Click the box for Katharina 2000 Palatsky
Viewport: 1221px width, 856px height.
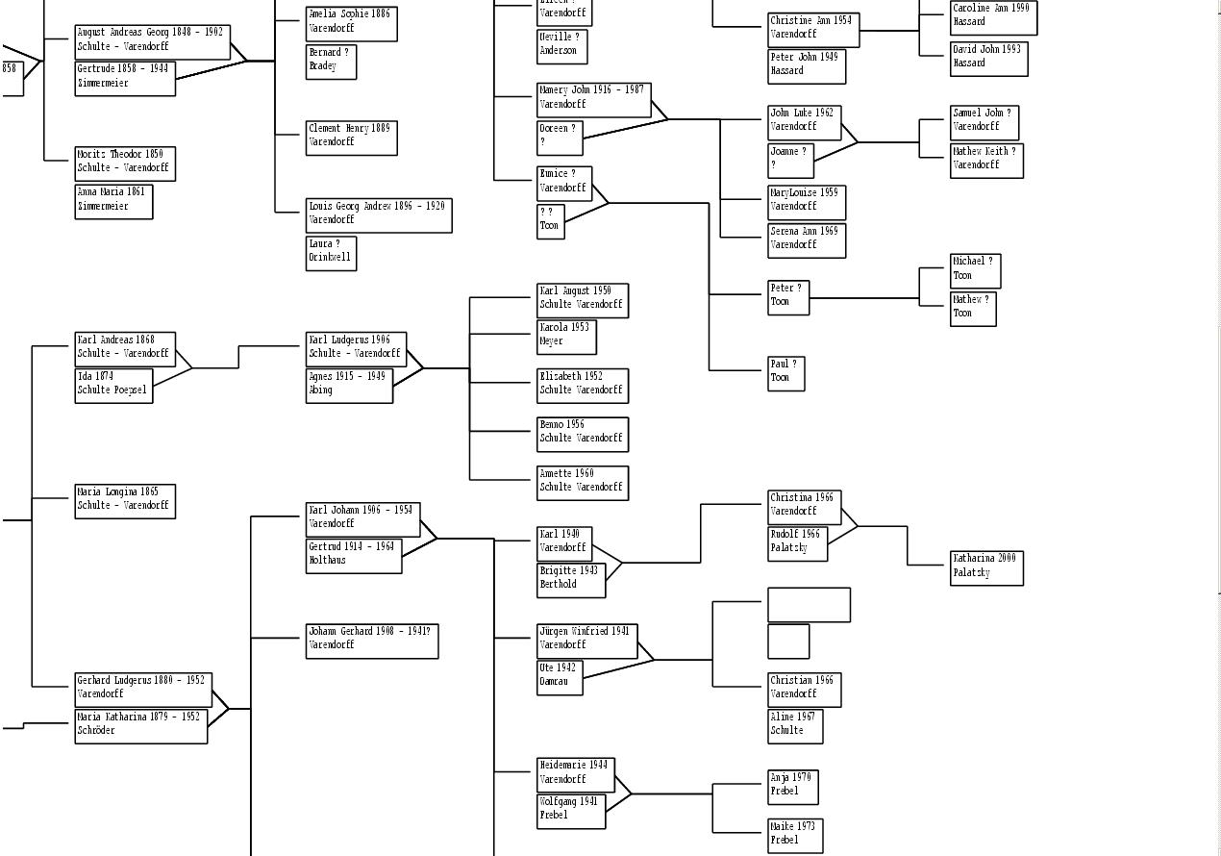click(x=986, y=567)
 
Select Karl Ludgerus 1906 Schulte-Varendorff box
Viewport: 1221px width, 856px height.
click(x=356, y=348)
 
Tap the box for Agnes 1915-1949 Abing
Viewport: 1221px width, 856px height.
click(x=349, y=385)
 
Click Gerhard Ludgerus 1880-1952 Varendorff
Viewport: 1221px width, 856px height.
click(x=142, y=688)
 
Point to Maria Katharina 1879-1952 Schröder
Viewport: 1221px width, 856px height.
click(x=140, y=725)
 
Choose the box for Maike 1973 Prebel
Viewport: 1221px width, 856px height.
click(x=795, y=835)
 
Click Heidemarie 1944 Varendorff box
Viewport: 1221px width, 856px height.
click(x=575, y=774)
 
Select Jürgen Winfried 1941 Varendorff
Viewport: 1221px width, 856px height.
click(x=586, y=640)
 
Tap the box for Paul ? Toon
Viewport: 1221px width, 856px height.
click(x=785, y=373)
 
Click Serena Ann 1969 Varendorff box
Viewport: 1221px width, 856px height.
click(x=806, y=239)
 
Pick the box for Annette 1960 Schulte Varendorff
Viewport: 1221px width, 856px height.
click(x=582, y=482)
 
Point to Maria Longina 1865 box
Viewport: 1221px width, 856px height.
click(x=125, y=500)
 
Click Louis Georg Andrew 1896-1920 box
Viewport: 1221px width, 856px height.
click(x=378, y=214)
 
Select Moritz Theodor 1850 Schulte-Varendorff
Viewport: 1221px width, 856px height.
click(x=125, y=163)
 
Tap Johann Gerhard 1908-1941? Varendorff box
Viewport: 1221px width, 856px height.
click(x=372, y=640)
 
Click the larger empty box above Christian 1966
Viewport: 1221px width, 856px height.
click(x=809, y=605)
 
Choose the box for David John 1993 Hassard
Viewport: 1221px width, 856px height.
click(x=988, y=58)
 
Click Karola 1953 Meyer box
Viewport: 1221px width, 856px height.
click(x=566, y=336)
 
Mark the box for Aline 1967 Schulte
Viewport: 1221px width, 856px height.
click(x=794, y=726)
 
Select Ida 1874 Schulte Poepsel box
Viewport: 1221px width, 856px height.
click(x=113, y=385)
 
